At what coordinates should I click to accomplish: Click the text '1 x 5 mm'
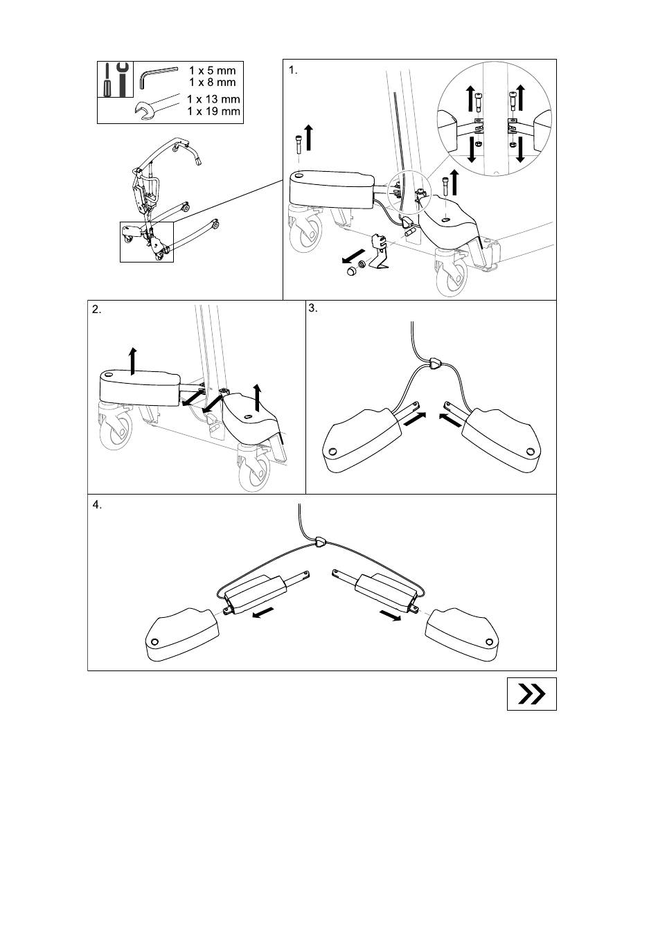(x=213, y=70)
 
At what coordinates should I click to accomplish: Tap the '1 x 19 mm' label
(x=213, y=112)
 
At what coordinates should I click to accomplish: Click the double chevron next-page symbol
(x=531, y=694)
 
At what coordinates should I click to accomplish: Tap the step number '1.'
(x=293, y=71)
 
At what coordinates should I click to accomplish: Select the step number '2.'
(x=97, y=310)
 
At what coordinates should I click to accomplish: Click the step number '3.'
(x=313, y=308)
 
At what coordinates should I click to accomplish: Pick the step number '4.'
(x=97, y=505)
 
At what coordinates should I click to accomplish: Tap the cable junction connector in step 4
(x=321, y=542)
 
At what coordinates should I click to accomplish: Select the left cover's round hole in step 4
(x=154, y=641)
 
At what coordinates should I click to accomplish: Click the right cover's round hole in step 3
(x=530, y=452)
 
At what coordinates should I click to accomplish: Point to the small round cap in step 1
(x=351, y=272)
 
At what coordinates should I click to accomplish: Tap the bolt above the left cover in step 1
(x=299, y=145)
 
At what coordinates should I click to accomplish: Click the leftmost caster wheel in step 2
(x=115, y=429)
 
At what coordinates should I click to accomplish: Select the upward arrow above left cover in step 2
(x=133, y=362)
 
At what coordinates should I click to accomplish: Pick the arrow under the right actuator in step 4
(x=391, y=615)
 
